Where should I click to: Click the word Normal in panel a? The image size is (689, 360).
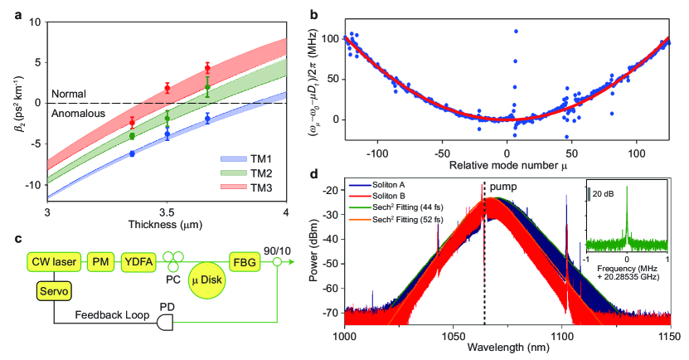pyautogui.click(x=69, y=94)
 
